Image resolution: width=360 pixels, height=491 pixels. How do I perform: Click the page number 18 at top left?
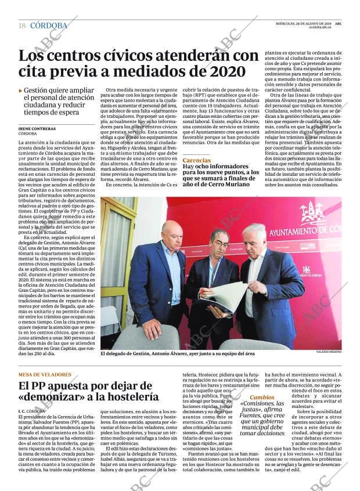(x=22, y=26)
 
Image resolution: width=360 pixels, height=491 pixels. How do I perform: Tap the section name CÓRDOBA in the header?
(x=49, y=26)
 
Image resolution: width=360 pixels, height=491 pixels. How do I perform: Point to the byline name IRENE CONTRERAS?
(x=37, y=128)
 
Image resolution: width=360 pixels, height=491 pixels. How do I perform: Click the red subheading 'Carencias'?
(x=196, y=160)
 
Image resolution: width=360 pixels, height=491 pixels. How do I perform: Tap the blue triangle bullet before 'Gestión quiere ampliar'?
(x=21, y=91)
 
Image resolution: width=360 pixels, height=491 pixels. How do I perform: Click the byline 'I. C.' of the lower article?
(x=24, y=411)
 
